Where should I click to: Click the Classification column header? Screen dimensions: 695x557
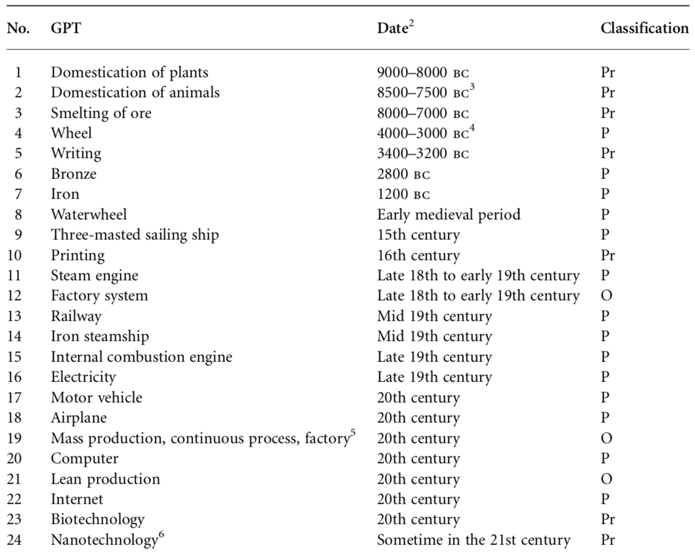[645, 29]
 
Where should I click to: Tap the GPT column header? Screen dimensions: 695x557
[66, 29]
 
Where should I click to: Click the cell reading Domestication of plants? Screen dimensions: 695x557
[130, 73]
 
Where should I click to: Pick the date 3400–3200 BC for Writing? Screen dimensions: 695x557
[423, 154]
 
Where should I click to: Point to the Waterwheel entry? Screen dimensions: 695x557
[89, 215]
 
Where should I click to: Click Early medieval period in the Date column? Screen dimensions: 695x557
[449, 215]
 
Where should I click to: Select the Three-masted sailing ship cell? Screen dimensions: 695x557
[135, 235]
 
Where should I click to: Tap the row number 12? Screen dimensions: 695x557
[14, 296]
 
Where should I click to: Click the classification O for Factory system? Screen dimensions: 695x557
[607, 296]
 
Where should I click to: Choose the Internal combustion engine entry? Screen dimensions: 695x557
[142, 357]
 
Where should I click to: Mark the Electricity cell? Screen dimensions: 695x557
[83, 377]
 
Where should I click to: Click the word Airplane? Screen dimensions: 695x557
[79, 418]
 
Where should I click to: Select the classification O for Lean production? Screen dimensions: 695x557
[607, 479]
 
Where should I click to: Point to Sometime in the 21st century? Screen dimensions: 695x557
[474, 540]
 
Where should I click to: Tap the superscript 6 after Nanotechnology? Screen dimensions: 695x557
[161, 535]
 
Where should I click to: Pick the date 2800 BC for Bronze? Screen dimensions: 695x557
[403, 174]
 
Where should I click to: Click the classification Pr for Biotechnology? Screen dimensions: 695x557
[608, 520]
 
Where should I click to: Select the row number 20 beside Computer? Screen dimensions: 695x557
[14, 459]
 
